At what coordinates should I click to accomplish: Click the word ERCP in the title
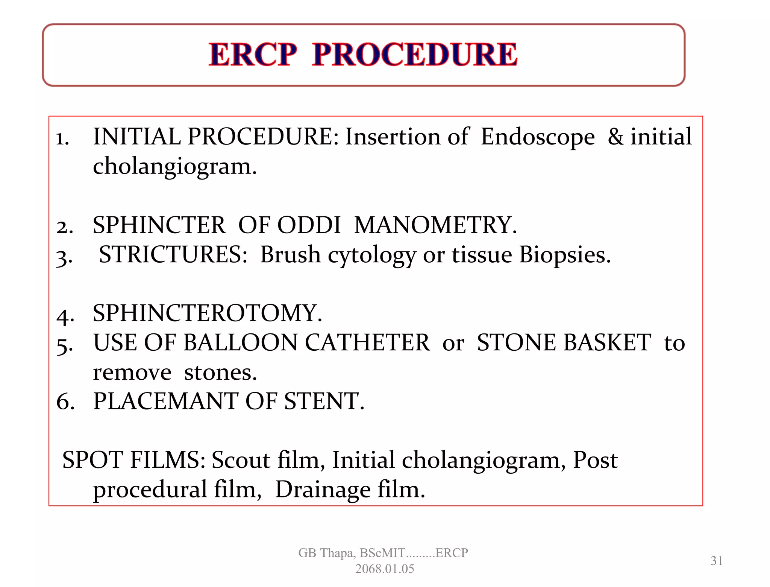[x=253, y=55]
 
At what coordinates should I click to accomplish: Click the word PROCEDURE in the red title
[x=415, y=55]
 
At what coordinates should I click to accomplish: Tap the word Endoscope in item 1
[x=538, y=137]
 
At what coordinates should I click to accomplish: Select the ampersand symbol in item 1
[x=615, y=137]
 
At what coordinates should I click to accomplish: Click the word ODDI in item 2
[x=309, y=225]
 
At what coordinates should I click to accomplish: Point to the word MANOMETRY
[x=435, y=225]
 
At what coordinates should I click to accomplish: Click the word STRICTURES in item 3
[x=173, y=255]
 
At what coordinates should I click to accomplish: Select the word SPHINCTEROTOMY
[x=208, y=313]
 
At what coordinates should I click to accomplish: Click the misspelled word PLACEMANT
[x=165, y=401]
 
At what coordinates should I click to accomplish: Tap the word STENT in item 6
[x=324, y=401]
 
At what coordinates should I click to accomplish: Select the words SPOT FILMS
[x=133, y=460]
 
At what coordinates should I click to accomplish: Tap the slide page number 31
[x=717, y=561]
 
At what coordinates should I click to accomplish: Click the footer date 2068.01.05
[x=384, y=569]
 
